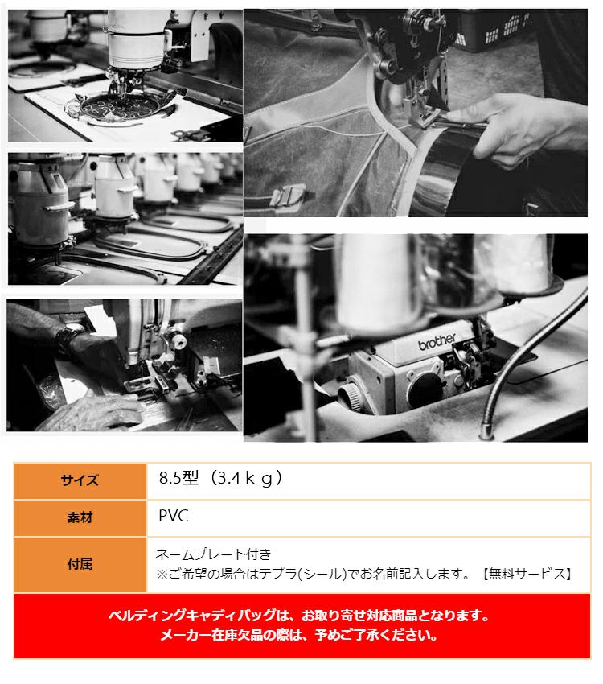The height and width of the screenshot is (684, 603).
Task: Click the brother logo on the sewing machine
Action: (x=437, y=341)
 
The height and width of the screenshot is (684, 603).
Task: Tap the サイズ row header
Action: (x=80, y=480)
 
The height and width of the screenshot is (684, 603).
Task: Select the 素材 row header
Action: (x=80, y=517)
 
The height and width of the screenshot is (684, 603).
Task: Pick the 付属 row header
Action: (x=80, y=564)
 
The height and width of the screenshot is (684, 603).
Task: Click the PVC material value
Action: (x=174, y=516)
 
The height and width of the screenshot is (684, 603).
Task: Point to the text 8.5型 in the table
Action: (x=178, y=478)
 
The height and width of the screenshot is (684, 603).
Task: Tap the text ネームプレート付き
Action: (x=214, y=554)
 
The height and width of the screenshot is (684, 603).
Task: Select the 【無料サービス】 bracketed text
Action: (x=527, y=574)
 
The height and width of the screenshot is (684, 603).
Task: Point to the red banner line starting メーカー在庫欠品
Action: (x=299, y=635)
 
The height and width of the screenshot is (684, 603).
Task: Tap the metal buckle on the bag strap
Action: (x=288, y=195)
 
